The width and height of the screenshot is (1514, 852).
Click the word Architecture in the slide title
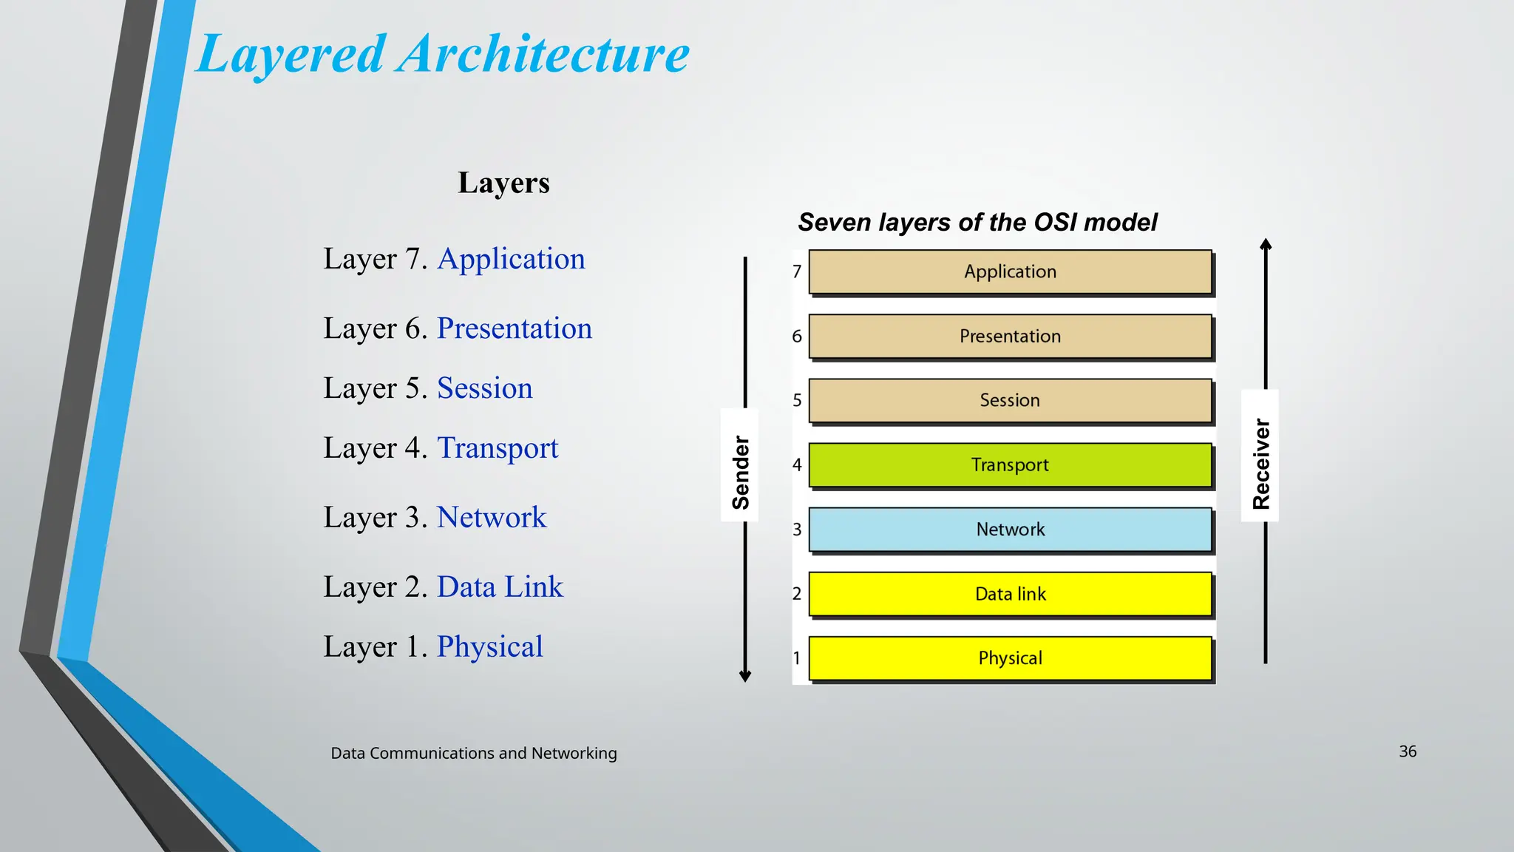click(x=543, y=55)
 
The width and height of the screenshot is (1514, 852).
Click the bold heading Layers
click(x=503, y=183)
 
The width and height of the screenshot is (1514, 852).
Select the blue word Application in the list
click(x=511, y=259)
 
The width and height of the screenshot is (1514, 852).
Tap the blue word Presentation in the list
click(x=515, y=328)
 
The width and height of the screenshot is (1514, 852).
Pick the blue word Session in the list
click(x=484, y=388)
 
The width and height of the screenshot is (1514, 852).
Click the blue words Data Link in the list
click(x=500, y=587)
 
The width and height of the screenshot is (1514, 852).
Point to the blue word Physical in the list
click(x=489, y=647)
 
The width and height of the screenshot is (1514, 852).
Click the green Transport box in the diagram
click(x=1010, y=465)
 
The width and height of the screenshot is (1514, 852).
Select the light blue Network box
click(x=1010, y=530)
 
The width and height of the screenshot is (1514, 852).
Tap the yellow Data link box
click(x=1010, y=594)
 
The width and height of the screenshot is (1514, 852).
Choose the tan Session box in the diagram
click(x=1010, y=400)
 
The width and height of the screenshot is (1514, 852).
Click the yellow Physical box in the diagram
click(x=1010, y=658)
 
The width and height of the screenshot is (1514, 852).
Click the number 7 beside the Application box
click(x=797, y=272)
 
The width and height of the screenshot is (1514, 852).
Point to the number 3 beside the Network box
click(x=797, y=530)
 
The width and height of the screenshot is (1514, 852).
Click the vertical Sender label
click(x=741, y=472)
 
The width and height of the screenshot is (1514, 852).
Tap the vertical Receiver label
click(x=1261, y=464)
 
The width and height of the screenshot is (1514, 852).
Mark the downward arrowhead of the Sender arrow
click(x=745, y=676)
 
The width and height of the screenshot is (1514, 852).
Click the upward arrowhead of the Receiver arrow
click(x=1266, y=244)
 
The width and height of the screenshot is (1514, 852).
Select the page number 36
click(x=1408, y=751)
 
